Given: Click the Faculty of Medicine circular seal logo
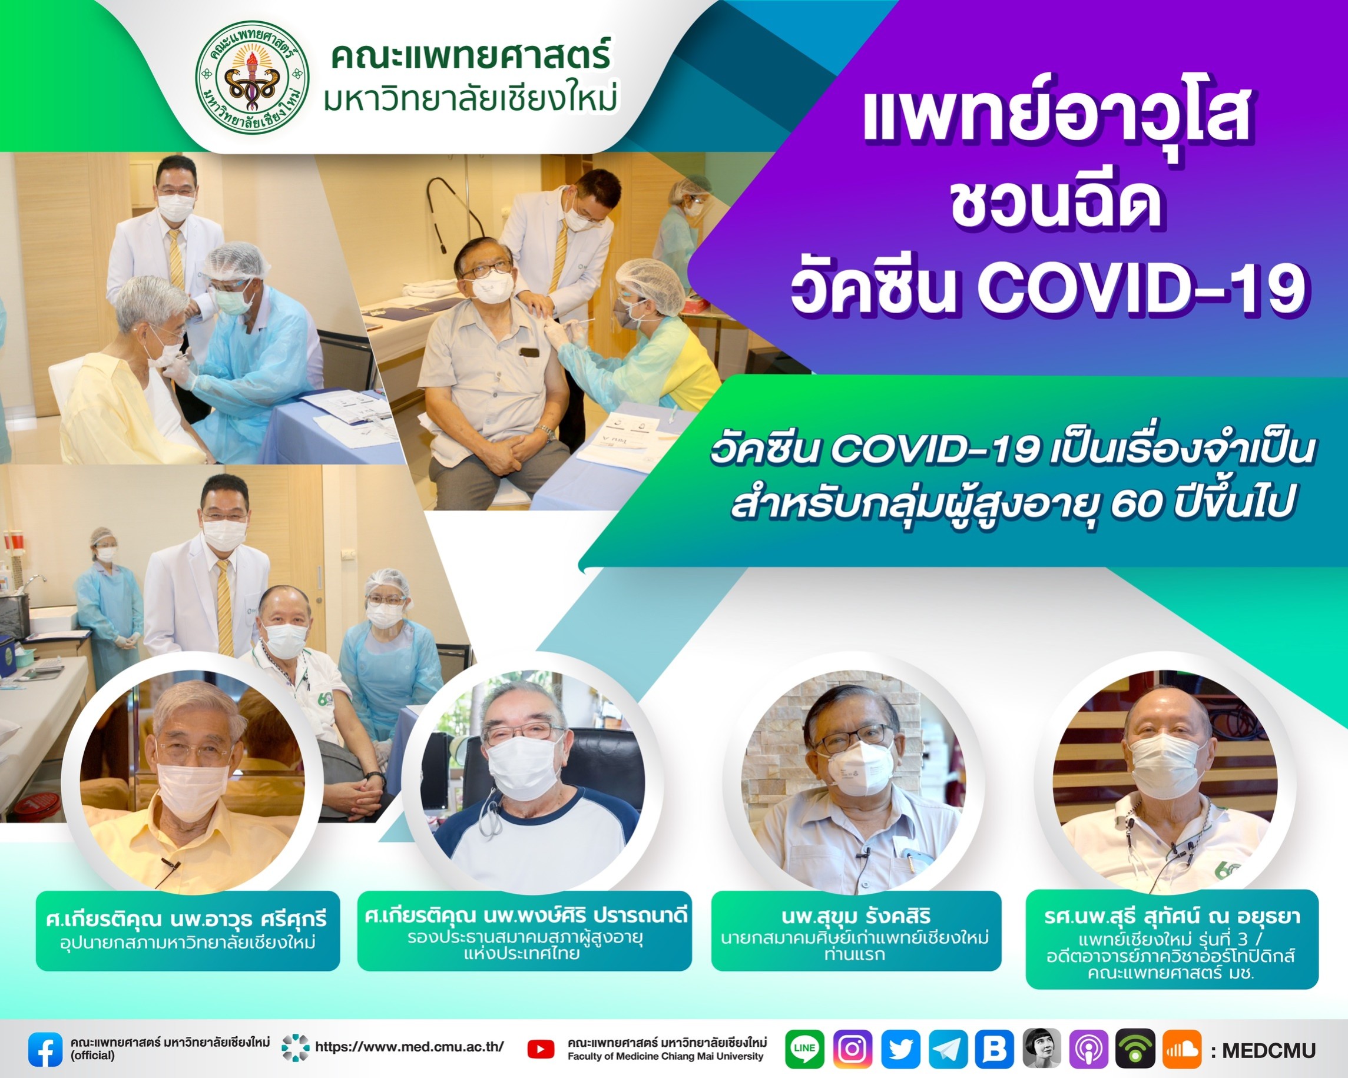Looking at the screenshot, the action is (252, 78).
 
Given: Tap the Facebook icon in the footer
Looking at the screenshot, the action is (45, 1049).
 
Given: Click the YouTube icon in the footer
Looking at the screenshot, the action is (541, 1050).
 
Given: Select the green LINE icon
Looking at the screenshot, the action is (804, 1049).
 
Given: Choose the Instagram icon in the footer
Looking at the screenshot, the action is (852, 1049).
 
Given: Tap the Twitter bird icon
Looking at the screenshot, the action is (900, 1049).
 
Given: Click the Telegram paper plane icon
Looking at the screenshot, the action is (948, 1049).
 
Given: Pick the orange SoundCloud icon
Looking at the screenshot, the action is (1182, 1049).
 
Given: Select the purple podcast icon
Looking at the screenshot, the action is (1088, 1049).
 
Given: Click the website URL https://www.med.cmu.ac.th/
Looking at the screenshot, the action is (409, 1047).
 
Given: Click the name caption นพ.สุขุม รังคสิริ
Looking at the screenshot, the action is (856, 917).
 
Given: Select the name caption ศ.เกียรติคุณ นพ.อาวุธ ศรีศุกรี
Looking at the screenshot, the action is (187, 918).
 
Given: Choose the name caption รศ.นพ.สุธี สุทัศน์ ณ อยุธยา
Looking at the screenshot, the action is (1173, 917).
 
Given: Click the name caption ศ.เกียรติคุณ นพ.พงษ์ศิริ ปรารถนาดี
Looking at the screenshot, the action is (526, 916).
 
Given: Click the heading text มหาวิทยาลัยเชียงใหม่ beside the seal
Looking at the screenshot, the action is (471, 99).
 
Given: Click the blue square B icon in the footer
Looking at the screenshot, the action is (995, 1049).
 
